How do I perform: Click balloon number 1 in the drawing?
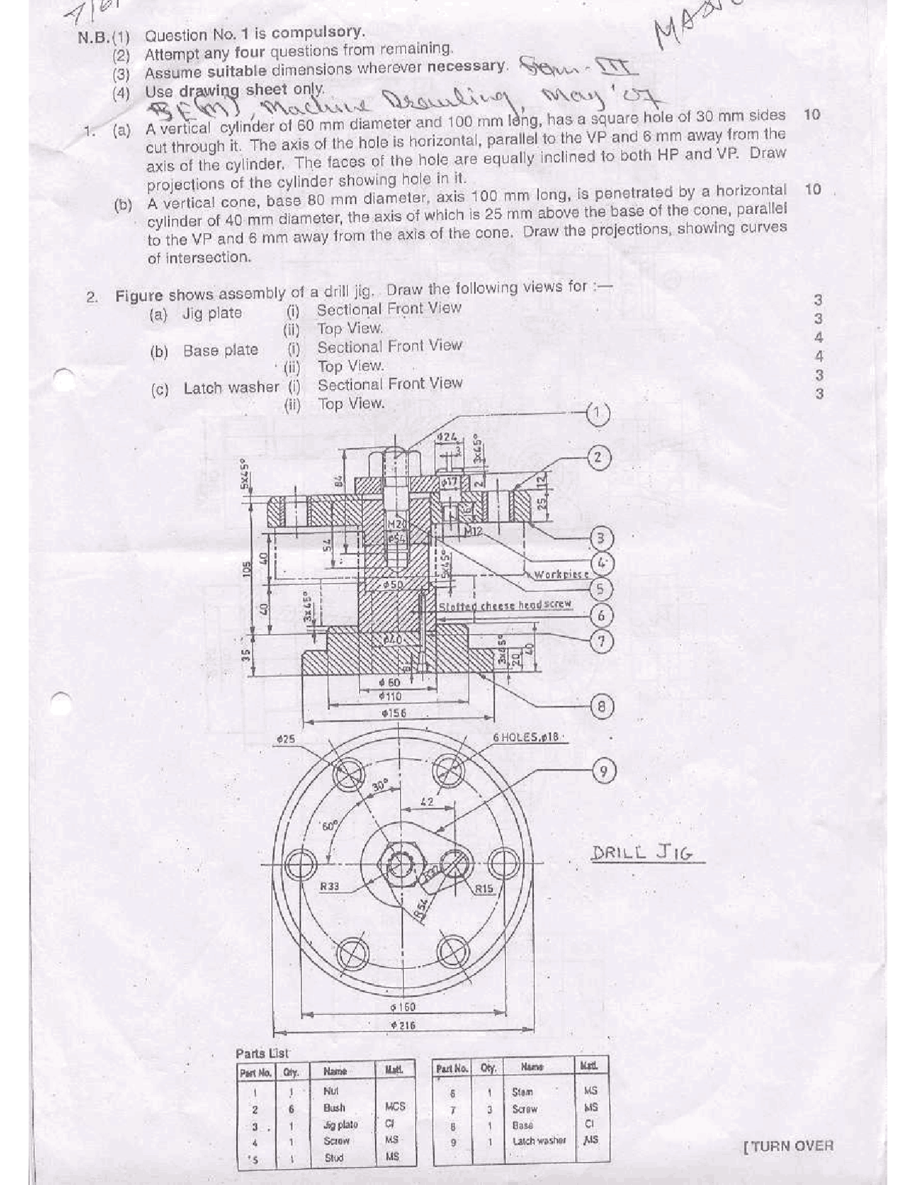pos(598,413)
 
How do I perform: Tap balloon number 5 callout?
pos(600,588)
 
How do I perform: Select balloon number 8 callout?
pos(602,707)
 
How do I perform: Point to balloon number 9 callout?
pos(604,771)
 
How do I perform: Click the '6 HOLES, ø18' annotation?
pos(528,737)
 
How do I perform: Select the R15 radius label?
pos(484,889)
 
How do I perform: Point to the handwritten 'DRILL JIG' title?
pos(642,854)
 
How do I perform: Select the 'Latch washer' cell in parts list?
pos(538,1141)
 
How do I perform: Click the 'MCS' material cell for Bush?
pos(394,1106)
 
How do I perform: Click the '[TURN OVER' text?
pos(789,1146)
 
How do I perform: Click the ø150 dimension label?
pos(403,1007)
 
